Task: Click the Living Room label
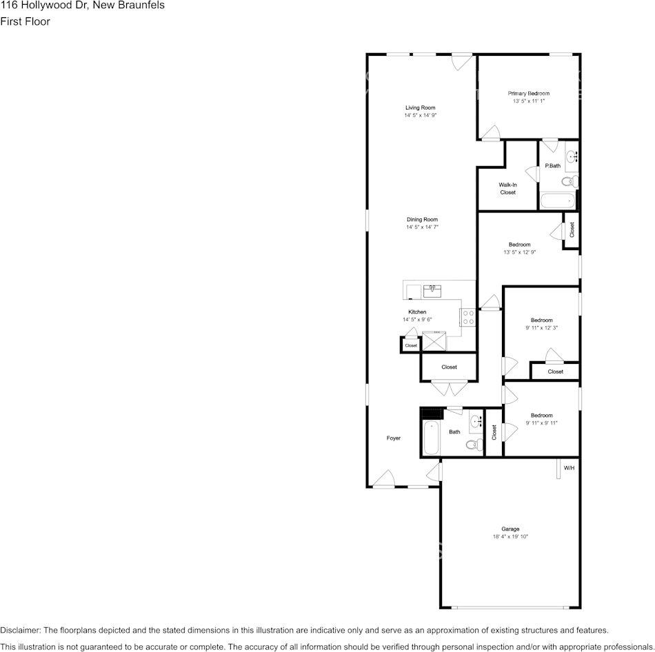[x=420, y=108]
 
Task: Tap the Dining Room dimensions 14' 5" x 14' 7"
[x=422, y=227]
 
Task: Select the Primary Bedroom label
[x=529, y=93]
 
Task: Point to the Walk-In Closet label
[x=507, y=188]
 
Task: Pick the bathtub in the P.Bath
[x=558, y=201]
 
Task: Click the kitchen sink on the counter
[x=433, y=289]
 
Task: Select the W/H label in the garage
[x=569, y=468]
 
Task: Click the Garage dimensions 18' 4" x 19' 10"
[x=510, y=536]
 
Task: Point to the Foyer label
[x=393, y=438]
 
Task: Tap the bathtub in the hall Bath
[x=431, y=438]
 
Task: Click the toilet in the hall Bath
[x=474, y=445]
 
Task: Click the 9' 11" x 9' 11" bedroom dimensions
[x=541, y=422]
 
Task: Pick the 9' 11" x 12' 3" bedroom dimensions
[x=541, y=327]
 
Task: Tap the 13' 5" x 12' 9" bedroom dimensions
[x=519, y=252]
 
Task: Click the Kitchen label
[x=417, y=312]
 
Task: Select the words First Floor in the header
[x=25, y=21]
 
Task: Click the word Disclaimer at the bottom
[x=20, y=630]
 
